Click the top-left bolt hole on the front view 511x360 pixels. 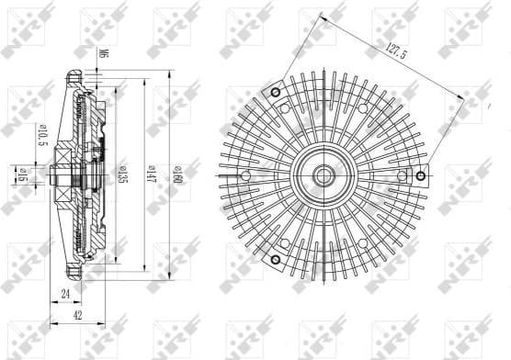click(273, 95)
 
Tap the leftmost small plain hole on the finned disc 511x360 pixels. click(246, 177)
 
